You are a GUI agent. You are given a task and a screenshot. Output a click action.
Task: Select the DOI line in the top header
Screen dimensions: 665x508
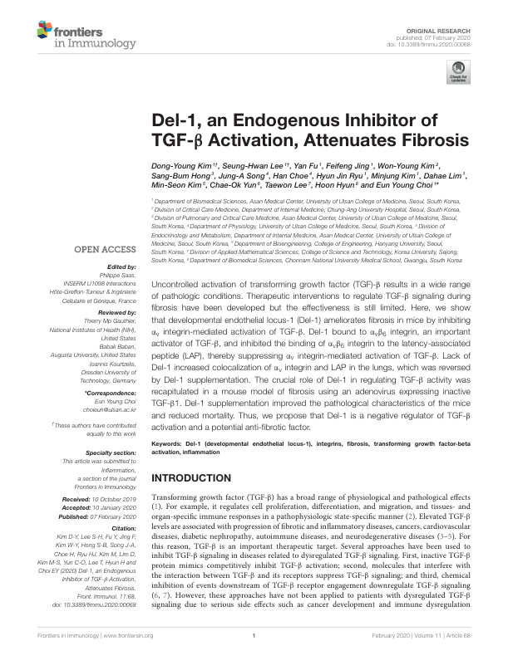click(x=436, y=43)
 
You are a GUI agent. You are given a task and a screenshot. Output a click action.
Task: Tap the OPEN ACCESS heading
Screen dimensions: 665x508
click(x=107, y=248)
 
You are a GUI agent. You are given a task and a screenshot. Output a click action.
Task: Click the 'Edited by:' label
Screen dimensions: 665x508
click(x=121, y=267)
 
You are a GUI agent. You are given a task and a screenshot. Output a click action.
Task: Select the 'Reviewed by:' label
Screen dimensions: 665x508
click(x=116, y=315)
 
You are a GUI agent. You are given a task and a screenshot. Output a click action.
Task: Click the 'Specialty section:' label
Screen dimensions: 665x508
click(x=111, y=452)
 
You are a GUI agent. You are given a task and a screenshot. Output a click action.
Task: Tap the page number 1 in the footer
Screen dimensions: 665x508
click(x=253, y=635)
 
